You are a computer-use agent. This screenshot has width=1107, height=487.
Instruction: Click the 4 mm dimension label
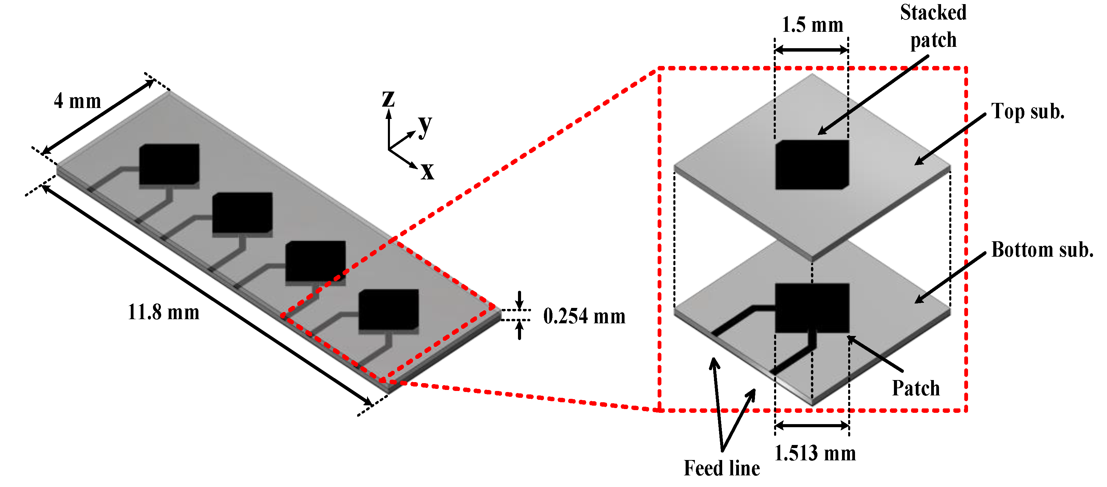pyautogui.click(x=78, y=101)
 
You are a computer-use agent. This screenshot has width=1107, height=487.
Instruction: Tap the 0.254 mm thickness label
pyautogui.click(x=584, y=316)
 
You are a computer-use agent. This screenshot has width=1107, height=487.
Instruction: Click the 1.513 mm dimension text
pyautogui.click(x=814, y=454)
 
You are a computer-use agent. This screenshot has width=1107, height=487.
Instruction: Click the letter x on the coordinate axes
pyautogui.click(x=427, y=171)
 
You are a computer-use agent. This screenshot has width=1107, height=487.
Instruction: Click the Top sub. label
pyautogui.click(x=1027, y=111)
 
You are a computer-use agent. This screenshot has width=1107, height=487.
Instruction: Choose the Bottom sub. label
pyautogui.click(x=1042, y=249)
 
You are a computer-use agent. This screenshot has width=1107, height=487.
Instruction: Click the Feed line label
pyautogui.click(x=721, y=468)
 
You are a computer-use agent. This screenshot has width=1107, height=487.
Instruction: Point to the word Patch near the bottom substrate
pyautogui.click(x=915, y=388)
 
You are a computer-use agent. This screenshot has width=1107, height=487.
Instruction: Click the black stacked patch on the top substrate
pyautogui.click(x=812, y=164)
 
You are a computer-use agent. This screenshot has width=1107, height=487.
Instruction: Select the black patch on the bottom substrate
pyautogui.click(x=812, y=308)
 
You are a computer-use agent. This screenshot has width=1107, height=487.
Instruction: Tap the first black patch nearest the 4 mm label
pyautogui.click(x=169, y=164)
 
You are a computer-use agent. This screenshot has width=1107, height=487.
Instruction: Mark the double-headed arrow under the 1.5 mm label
pyautogui.click(x=811, y=50)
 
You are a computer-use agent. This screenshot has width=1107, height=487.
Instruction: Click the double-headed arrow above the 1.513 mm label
pyautogui.click(x=812, y=426)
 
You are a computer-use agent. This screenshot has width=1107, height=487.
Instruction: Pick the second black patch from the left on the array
pyautogui.click(x=242, y=213)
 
